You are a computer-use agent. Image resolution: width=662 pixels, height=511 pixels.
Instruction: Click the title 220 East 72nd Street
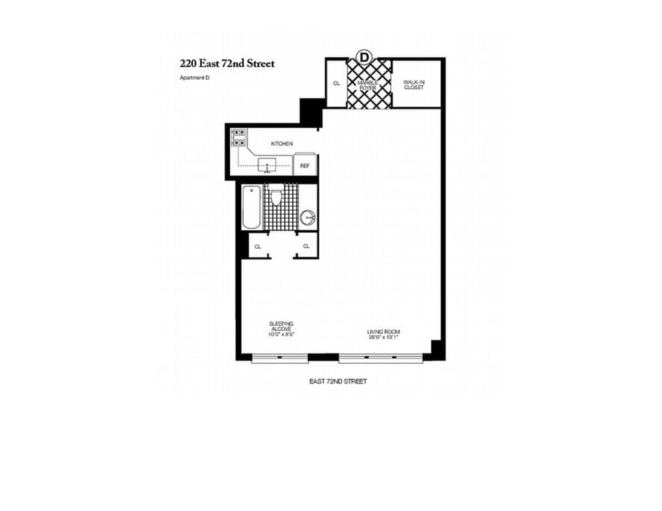[227, 64]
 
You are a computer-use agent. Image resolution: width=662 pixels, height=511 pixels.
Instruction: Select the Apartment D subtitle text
[194, 78]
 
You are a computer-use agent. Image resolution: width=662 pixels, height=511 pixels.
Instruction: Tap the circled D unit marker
[364, 56]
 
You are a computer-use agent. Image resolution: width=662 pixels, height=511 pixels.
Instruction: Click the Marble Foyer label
[368, 85]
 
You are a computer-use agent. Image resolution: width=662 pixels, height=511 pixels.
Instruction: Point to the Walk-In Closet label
[414, 85]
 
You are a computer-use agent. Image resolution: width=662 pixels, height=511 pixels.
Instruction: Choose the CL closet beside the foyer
[336, 84]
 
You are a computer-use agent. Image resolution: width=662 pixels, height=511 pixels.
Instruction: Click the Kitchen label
[282, 144]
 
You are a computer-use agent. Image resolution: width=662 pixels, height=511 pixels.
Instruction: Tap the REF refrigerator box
[305, 166]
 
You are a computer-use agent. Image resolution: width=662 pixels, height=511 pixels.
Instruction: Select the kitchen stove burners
[239, 138]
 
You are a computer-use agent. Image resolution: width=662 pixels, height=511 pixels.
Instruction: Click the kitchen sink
[267, 165]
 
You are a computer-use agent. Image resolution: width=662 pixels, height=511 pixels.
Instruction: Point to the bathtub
[252, 207]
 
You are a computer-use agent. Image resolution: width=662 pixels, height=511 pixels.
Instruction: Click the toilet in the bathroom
[276, 195]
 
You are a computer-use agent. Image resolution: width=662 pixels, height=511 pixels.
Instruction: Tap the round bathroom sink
[308, 218]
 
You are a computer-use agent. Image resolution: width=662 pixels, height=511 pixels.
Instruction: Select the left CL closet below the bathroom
[258, 246]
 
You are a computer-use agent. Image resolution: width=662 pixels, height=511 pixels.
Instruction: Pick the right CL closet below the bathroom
[306, 246]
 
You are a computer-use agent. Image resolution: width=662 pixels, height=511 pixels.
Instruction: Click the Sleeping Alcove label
[281, 326]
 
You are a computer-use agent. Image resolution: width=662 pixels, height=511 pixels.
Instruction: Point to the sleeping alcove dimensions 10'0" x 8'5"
[280, 335]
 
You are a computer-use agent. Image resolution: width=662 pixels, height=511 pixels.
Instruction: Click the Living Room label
[384, 332]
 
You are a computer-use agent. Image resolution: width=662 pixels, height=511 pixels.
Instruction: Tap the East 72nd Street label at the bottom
[338, 381]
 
